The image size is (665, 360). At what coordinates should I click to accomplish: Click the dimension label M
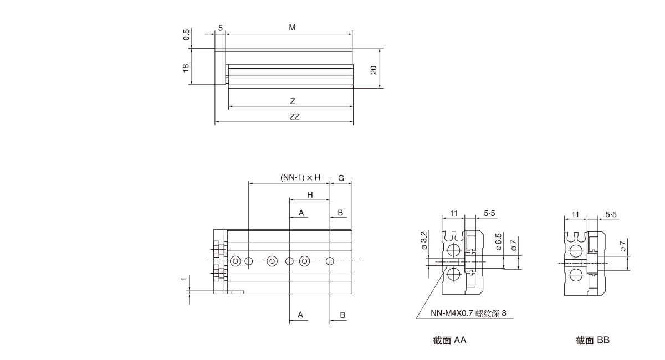point(291,27)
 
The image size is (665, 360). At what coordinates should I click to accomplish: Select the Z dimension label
point(292,101)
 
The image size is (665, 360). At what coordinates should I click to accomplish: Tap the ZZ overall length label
point(294,117)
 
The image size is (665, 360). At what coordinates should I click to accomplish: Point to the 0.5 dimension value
point(187,35)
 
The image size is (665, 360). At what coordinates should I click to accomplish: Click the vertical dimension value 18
point(186,67)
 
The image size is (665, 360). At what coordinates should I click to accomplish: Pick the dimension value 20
point(374,70)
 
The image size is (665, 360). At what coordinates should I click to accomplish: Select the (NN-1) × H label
point(300,177)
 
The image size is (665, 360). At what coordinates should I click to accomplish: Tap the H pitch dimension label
point(310,195)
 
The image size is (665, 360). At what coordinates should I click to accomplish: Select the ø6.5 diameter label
point(499,244)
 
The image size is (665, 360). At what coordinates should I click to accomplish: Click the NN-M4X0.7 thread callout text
point(468,314)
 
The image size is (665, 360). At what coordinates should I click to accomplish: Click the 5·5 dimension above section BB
point(611,213)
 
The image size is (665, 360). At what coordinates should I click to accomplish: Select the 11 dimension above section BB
point(575,213)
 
